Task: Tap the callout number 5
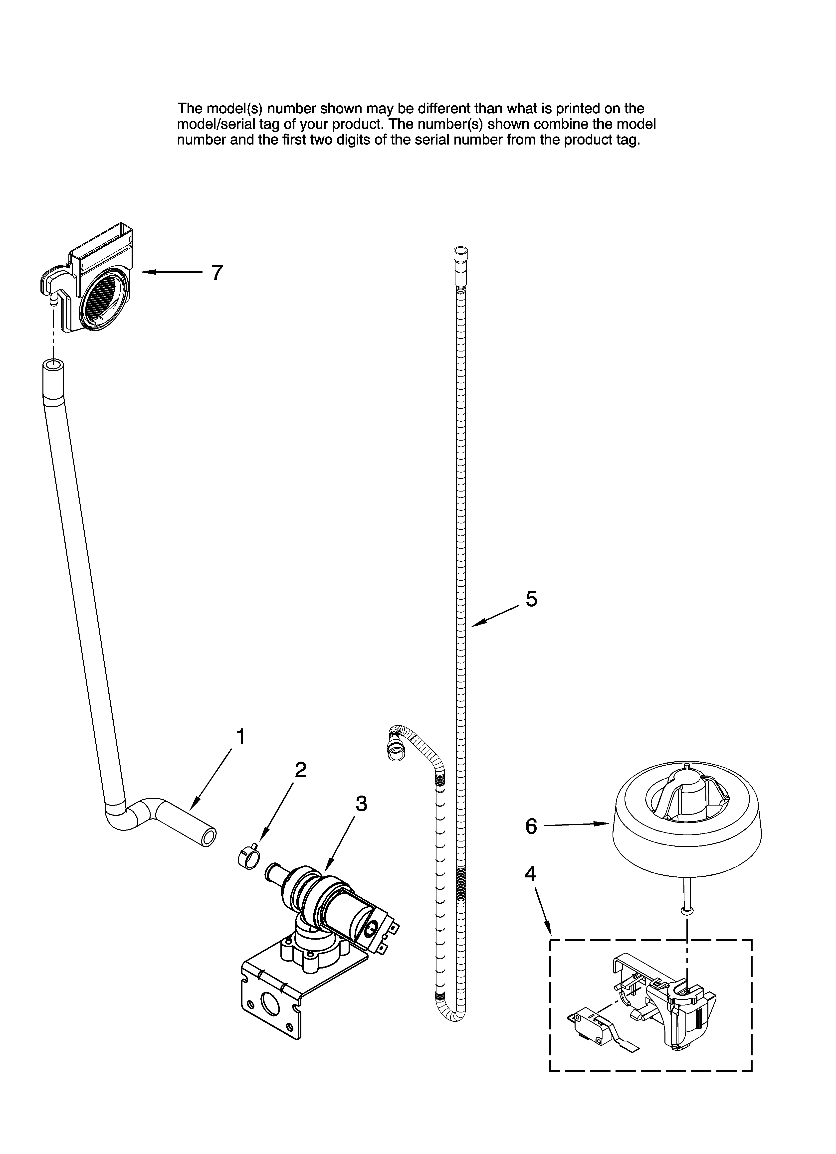click(531, 599)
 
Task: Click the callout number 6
click(531, 827)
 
